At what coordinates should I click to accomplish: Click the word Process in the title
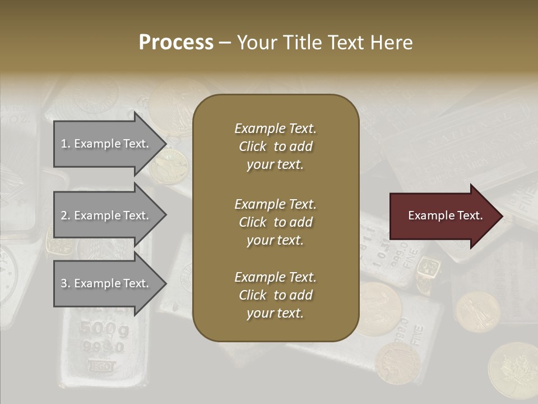[x=176, y=43]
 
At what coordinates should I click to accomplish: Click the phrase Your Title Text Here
[x=325, y=43]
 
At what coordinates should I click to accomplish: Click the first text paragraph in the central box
[x=275, y=146]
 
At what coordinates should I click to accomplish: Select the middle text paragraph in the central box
[x=275, y=222]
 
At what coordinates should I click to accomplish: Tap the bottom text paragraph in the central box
[x=275, y=295]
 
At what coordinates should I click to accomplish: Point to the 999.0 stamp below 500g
[x=103, y=347]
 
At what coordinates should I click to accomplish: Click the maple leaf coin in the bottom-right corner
[x=513, y=370]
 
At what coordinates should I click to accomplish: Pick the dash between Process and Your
[x=225, y=43]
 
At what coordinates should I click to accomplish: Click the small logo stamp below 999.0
[x=101, y=366]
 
